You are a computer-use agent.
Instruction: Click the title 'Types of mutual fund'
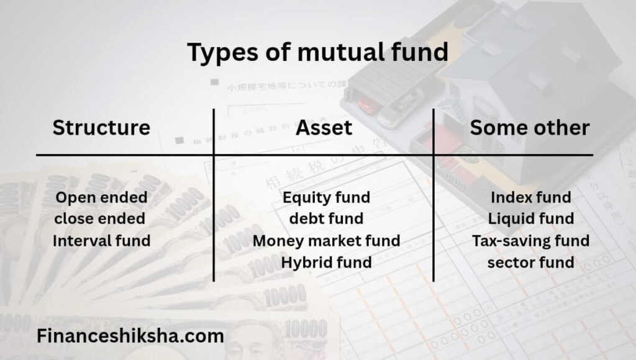(x=317, y=53)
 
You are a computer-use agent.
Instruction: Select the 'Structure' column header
(x=101, y=127)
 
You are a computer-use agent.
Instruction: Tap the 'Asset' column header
(x=324, y=128)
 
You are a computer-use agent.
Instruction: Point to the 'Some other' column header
(x=530, y=128)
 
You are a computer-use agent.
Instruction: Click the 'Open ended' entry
(x=101, y=198)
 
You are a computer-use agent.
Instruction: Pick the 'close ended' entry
(x=100, y=218)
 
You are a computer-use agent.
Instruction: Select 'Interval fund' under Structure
(x=101, y=240)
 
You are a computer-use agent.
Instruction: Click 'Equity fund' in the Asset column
(x=327, y=198)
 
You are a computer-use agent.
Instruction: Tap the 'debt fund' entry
(x=327, y=218)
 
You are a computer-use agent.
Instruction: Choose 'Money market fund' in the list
(x=327, y=241)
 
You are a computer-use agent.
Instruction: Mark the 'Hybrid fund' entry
(x=327, y=263)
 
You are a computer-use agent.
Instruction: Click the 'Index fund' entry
(x=531, y=197)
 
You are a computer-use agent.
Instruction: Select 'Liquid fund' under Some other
(x=531, y=219)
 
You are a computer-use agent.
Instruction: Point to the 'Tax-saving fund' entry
(x=531, y=241)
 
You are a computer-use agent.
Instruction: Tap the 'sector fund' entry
(x=531, y=263)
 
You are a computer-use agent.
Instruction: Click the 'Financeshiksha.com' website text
(x=130, y=336)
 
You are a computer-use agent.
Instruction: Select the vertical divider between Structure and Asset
(x=214, y=195)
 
